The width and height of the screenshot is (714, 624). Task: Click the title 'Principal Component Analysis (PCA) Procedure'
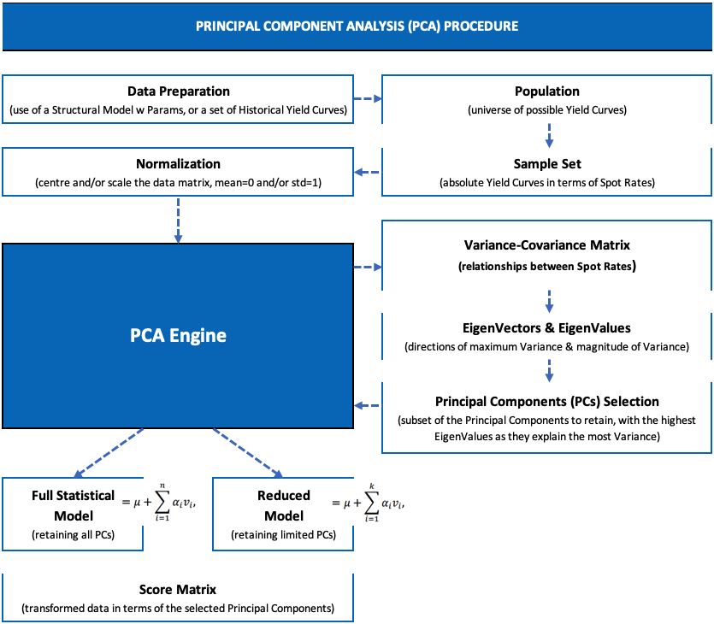tap(357, 26)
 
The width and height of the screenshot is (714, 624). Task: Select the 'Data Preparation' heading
tap(178, 91)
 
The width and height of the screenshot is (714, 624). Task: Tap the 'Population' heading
tap(547, 91)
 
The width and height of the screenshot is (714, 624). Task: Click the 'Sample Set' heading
tap(547, 163)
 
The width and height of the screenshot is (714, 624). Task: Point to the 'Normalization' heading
tap(178, 163)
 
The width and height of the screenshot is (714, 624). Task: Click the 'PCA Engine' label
tap(178, 335)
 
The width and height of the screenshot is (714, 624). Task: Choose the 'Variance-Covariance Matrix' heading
tap(547, 246)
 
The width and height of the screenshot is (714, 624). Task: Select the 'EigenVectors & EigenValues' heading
tap(547, 327)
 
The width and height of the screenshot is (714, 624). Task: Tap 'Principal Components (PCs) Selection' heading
tap(547, 401)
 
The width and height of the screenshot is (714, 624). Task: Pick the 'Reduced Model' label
tap(283, 505)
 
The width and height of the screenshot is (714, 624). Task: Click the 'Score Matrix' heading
tap(178, 590)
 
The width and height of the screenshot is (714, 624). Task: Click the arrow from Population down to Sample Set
tap(548, 133)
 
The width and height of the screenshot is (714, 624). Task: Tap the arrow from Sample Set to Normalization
tap(368, 172)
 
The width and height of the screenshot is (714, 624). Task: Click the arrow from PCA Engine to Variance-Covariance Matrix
tap(368, 267)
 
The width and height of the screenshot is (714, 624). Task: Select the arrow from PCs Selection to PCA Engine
tap(368, 405)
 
